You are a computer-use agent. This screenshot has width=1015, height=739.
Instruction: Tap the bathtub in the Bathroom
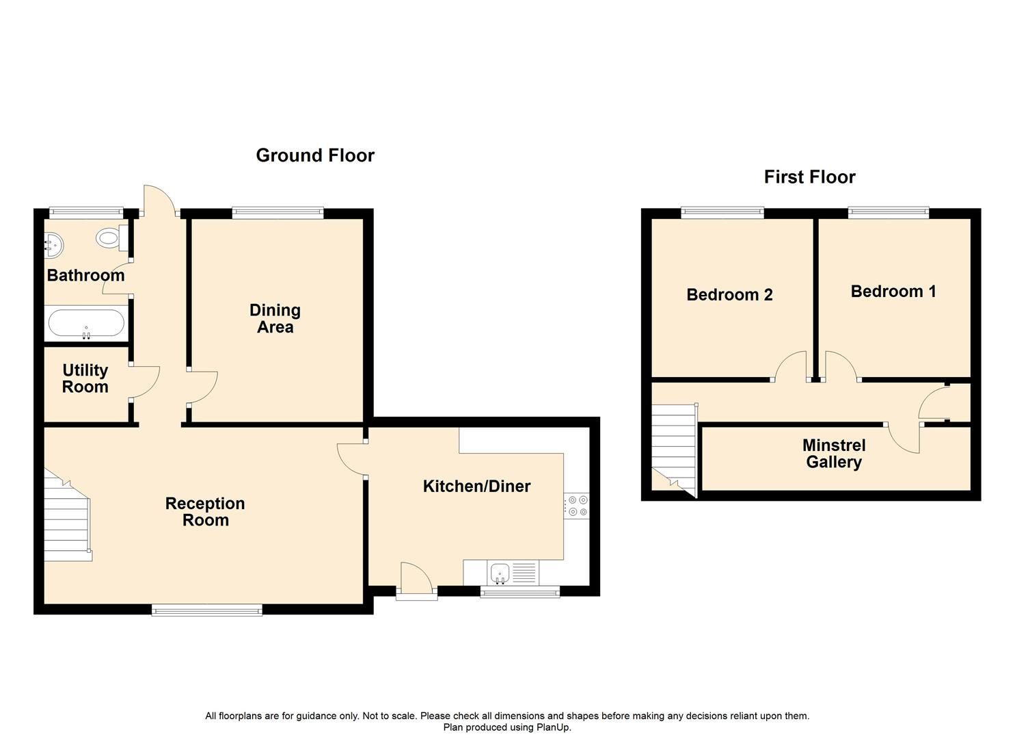click(x=86, y=324)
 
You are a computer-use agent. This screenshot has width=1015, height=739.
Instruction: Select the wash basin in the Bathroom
click(x=53, y=244)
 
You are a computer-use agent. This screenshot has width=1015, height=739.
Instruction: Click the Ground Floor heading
click(x=315, y=155)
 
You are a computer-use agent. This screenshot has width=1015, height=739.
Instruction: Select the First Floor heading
click(x=809, y=177)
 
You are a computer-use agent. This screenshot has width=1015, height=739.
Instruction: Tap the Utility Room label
click(x=85, y=378)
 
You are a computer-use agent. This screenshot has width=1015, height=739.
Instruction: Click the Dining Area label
click(x=275, y=319)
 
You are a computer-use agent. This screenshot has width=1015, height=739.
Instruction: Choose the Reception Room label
click(x=205, y=512)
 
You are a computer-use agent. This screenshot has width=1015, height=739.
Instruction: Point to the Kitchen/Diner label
click(x=476, y=487)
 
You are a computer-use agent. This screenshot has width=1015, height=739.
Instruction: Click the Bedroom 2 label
click(x=729, y=295)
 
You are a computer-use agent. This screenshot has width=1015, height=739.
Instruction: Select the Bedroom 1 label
click(x=893, y=291)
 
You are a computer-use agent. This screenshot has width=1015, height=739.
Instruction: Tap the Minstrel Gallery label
click(x=834, y=454)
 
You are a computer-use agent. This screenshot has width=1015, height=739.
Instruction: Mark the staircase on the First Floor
click(x=673, y=445)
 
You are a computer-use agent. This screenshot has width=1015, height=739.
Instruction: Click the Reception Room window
click(x=206, y=610)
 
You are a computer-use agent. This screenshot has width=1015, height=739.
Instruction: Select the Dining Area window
click(x=278, y=213)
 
